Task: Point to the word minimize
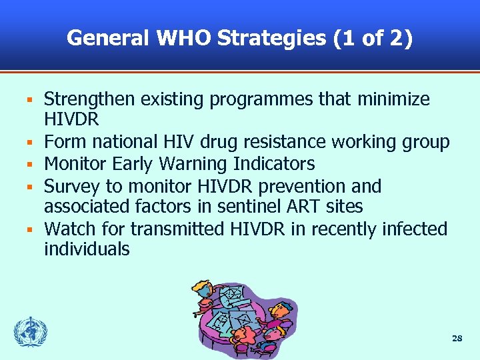pyautogui.click(x=393, y=100)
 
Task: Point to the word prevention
pyautogui.click(x=299, y=186)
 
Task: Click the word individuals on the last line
pyautogui.click(x=87, y=250)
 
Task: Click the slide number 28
pyautogui.click(x=457, y=339)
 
